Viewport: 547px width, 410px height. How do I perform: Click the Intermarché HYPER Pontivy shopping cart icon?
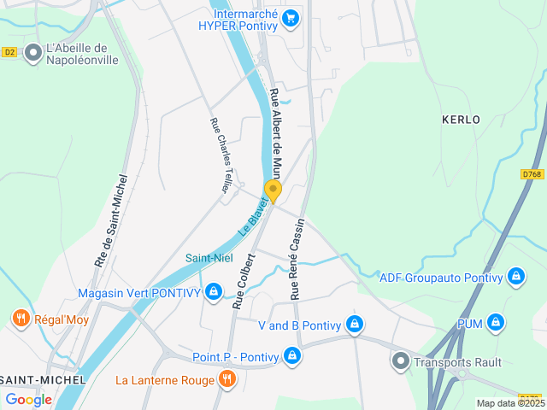click(291, 17)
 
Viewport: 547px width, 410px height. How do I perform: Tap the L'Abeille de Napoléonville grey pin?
click(33, 54)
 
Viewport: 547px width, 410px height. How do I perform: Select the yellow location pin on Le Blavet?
click(273, 190)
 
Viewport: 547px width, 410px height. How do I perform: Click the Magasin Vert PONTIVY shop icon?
click(214, 293)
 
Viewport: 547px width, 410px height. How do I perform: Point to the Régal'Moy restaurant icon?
click(21, 319)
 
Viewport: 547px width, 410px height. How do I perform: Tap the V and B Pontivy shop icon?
click(354, 325)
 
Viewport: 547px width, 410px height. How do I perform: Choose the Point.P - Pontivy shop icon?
click(292, 354)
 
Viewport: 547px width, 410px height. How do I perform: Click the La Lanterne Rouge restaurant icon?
click(226, 379)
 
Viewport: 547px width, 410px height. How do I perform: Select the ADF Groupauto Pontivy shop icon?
click(515, 276)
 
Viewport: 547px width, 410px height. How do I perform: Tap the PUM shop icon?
click(495, 324)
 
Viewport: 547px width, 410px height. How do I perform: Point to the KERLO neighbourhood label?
click(461, 120)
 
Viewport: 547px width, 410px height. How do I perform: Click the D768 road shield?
click(532, 174)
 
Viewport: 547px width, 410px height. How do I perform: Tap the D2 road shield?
click(9, 52)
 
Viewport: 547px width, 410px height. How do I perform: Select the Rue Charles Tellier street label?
click(221, 155)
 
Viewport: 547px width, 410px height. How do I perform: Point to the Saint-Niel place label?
click(209, 258)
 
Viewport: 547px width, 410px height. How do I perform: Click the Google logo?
click(28, 399)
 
